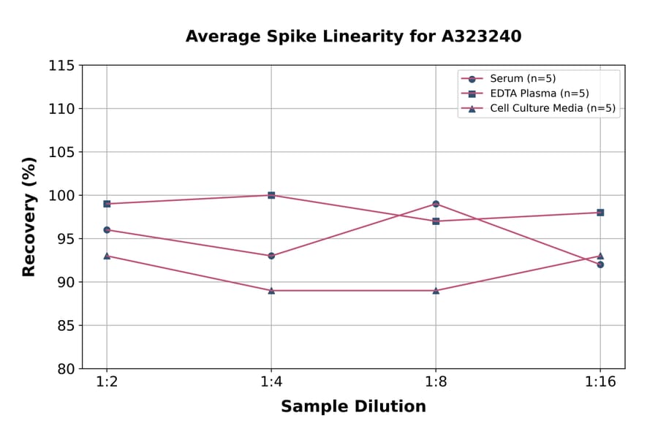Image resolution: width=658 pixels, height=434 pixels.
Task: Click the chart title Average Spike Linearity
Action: [353, 37]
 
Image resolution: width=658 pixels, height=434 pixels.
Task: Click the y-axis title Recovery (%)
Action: [29, 217]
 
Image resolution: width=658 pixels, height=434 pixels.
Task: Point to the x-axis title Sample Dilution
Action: [353, 407]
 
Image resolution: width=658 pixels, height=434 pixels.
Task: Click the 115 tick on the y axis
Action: [61, 66]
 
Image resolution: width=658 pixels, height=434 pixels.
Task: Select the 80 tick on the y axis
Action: [66, 369]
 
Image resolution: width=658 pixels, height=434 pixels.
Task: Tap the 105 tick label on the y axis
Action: [61, 152]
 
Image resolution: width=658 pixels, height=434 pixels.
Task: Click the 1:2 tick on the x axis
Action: [107, 383]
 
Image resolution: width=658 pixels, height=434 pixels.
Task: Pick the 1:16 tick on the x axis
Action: [600, 383]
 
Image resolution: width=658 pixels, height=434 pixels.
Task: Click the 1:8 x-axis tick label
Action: [436, 383]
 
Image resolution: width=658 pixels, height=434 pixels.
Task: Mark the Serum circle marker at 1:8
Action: [436, 204]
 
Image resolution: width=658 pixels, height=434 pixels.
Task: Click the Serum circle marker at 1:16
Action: [600, 264]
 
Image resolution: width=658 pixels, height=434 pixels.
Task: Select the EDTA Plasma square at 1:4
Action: [271, 195]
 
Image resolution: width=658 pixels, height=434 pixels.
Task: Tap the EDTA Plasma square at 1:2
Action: [107, 204]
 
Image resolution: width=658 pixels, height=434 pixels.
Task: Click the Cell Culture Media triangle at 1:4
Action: [271, 290]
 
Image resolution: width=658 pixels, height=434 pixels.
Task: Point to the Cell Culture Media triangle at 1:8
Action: [436, 290]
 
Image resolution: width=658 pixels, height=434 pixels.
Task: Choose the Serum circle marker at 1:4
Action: [271, 256]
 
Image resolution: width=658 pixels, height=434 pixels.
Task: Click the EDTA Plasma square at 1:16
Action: [600, 213]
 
